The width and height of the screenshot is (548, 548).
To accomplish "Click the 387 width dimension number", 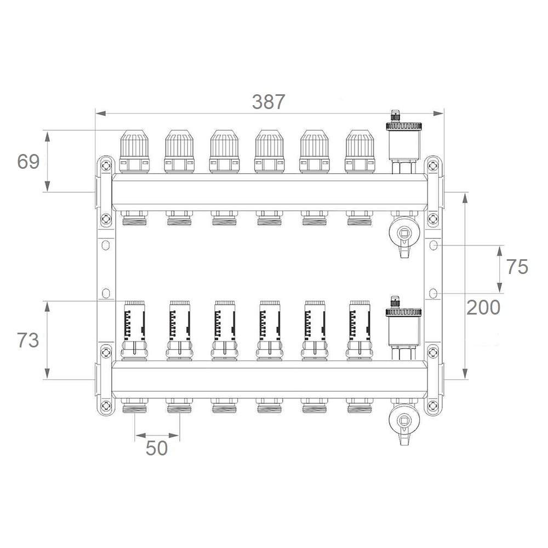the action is click(x=269, y=102).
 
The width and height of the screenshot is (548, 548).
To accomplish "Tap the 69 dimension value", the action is click(x=28, y=162).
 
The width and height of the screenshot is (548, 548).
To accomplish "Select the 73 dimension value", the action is click(x=28, y=340).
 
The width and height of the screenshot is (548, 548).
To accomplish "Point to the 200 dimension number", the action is click(x=483, y=307).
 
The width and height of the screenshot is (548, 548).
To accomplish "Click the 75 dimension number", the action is click(x=517, y=267).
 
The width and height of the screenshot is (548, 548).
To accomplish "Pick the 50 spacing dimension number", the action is click(x=157, y=448).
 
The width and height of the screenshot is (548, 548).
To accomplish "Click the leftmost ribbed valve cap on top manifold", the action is click(x=134, y=152).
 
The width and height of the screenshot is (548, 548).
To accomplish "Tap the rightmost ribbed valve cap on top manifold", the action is click(x=360, y=152).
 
